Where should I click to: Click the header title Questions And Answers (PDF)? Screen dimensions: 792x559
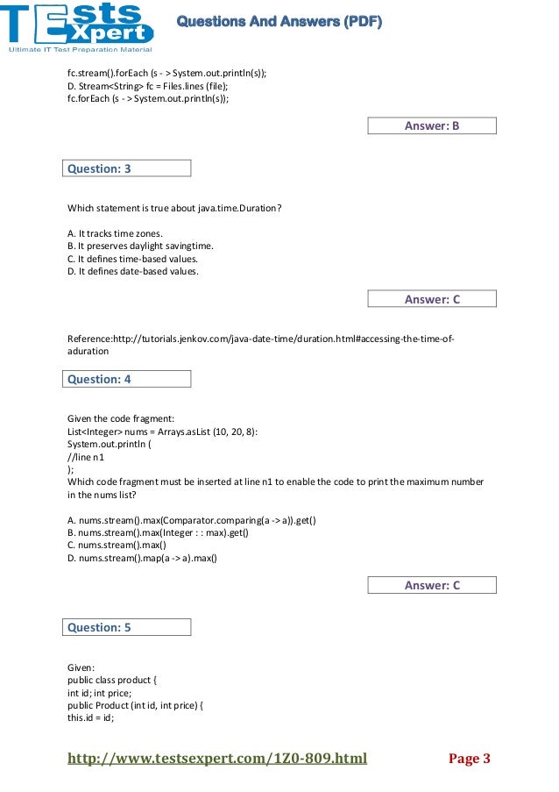click(x=279, y=22)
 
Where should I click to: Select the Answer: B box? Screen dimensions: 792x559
click(x=431, y=126)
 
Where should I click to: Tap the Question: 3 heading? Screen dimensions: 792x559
click(x=126, y=168)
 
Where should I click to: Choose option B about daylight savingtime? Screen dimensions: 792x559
click(x=140, y=246)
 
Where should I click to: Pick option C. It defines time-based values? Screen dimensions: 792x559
click(x=132, y=259)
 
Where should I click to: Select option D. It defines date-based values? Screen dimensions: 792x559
click(x=133, y=272)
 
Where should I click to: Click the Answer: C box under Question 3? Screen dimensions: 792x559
click(x=431, y=299)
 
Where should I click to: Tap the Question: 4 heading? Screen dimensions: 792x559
click(x=126, y=379)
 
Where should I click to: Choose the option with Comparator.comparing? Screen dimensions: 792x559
click(x=192, y=520)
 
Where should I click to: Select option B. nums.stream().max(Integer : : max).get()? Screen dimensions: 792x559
click(x=158, y=532)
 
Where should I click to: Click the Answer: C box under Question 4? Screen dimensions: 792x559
click(x=431, y=585)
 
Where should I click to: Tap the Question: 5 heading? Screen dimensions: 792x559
click(x=126, y=627)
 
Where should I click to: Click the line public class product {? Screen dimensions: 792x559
click(x=112, y=680)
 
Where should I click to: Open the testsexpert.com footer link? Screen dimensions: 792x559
click(x=217, y=759)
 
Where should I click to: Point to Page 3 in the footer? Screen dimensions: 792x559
click(x=469, y=759)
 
